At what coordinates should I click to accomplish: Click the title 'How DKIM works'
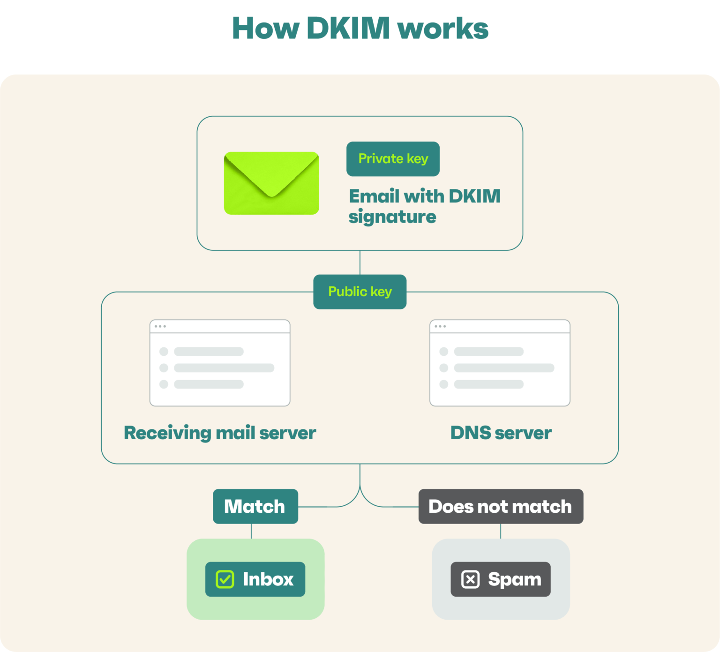[360, 28]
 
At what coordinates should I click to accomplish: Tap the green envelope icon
[271, 183]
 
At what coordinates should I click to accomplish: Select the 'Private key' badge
[393, 159]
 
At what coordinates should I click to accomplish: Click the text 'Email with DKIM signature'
[424, 206]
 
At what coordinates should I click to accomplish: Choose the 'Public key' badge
[360, 292]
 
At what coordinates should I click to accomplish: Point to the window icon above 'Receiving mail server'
[220, 363]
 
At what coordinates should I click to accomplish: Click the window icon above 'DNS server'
[500, 363]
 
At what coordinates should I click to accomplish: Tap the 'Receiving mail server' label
[220, 433]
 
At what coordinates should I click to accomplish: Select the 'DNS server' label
[501, 433]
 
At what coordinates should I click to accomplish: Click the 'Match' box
[255, 506]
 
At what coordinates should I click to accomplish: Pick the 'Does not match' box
[501, 506]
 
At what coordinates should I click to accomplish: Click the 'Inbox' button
[255, 579]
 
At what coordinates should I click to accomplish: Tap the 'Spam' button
[501, 579]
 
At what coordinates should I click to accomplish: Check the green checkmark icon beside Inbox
[225, 579]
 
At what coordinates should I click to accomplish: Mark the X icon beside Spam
[470, 579]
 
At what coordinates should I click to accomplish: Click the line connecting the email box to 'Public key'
[360, 262]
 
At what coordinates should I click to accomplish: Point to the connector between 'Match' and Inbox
[251, 531]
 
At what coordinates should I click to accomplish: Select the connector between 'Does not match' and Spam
[501, 531]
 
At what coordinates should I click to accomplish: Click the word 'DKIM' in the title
[348, 28]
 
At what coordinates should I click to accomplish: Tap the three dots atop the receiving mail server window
[160, 326]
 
